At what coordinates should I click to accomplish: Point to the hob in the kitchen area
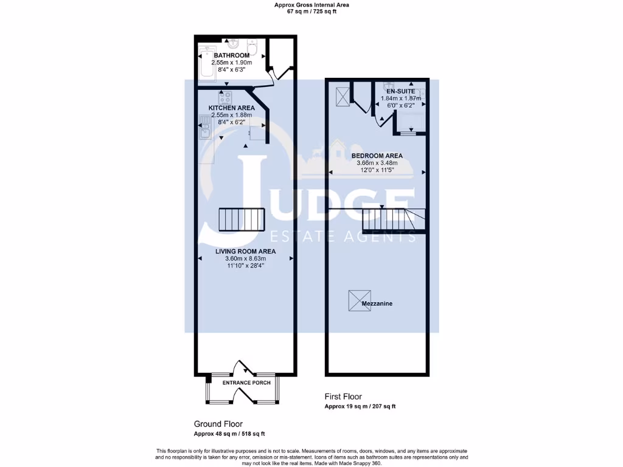[225, 97]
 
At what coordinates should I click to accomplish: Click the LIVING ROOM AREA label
[245, 251]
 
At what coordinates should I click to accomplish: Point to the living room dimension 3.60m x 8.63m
[245, 258]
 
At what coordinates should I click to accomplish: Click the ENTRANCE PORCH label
[246, 382]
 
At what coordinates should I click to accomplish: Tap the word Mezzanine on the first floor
[377, 303]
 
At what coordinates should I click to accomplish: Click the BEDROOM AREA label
[377, 156]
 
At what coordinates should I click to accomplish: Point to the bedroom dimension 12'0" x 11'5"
[377, 170]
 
